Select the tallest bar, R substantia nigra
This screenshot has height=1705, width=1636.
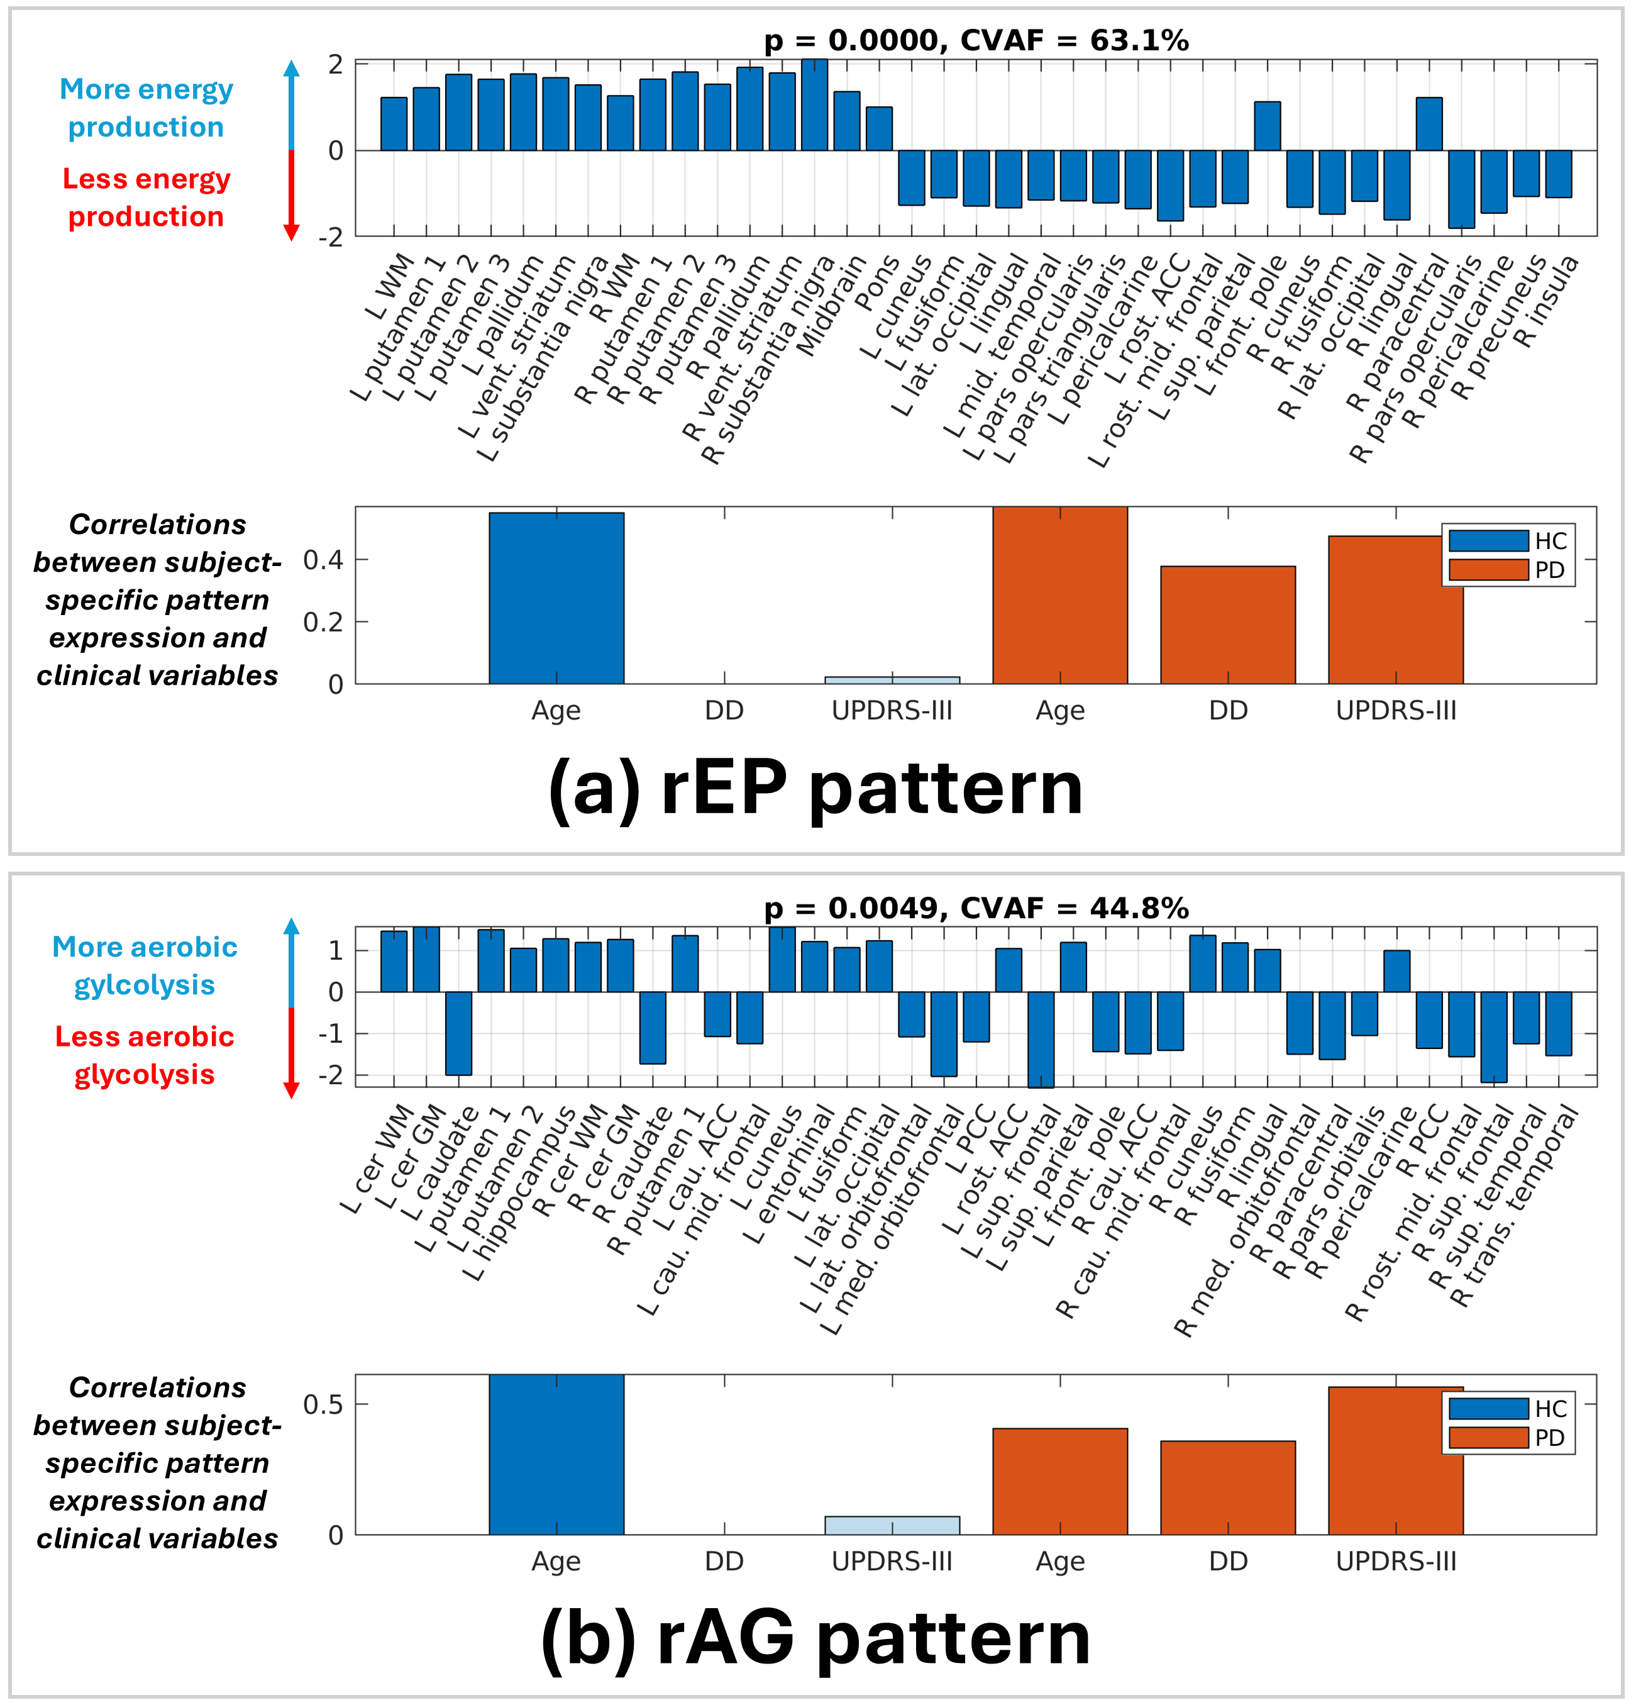814,105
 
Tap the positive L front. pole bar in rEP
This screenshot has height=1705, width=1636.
1266,126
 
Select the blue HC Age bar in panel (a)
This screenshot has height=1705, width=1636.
556,599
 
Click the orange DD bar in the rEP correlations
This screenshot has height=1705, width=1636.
1227,625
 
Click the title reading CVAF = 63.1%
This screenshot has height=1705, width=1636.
975,40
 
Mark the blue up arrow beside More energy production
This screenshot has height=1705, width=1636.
291,104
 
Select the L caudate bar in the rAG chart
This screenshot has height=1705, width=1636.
458,1033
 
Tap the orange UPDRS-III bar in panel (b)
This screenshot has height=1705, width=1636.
1395,1462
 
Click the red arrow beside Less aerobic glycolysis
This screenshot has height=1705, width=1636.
291,1053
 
